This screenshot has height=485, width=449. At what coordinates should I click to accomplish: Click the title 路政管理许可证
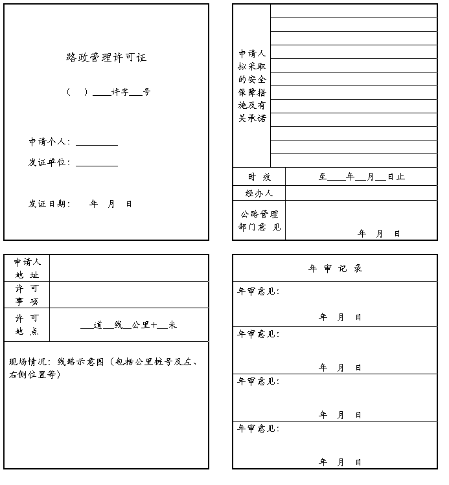point(106,58)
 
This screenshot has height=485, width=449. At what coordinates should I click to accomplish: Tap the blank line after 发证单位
point(97,163)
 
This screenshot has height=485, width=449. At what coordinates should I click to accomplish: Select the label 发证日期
point(49,204)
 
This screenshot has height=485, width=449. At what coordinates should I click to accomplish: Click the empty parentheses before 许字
point(76,92)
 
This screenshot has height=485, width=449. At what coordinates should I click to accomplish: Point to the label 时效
point(259,177)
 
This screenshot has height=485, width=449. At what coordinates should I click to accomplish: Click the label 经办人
point(259,193)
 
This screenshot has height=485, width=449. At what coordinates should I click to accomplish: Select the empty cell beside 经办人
point(361,193)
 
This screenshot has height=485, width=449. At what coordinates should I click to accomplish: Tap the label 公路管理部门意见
point(259,220)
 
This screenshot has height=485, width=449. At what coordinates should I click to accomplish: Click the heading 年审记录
point(335,268)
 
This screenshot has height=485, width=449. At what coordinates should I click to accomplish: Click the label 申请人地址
point(27,268)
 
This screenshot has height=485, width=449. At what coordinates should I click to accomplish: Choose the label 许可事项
point(27,295)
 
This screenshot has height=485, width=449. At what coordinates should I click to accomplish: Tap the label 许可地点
point(27,324)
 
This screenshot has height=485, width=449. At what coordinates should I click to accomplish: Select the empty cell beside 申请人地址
point(129,268)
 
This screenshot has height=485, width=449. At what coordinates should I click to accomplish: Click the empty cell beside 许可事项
point(129,295)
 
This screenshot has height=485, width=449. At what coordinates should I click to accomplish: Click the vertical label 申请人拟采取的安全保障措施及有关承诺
point(251,85)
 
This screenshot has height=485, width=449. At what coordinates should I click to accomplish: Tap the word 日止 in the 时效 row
point(396,177)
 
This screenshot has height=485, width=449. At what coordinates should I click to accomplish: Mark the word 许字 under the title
point(120,92)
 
